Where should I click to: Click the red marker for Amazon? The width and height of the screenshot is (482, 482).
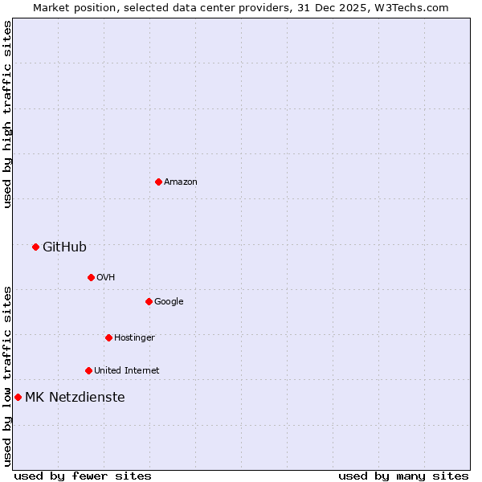[x=158, y=182]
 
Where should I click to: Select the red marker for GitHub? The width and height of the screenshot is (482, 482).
[x=35, y=247]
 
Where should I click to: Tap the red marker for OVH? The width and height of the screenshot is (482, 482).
[x=91, y=277]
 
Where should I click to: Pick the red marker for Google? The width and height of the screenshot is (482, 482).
[x=149, y=301]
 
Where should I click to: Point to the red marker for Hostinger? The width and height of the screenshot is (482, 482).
[x=108, y=337]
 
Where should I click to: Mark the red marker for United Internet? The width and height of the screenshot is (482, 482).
[x=88, y=370]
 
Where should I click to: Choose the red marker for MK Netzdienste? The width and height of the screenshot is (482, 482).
[x=18, y=397]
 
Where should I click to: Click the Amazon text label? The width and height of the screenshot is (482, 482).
[x=181, y=182]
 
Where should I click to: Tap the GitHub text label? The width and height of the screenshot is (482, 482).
[x=64, y=247]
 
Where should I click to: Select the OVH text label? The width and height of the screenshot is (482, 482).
[x=106, y=277]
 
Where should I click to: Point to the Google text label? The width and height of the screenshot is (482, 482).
[x=169, y=301]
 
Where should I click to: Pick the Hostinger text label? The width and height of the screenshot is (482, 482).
[x=134, y=337]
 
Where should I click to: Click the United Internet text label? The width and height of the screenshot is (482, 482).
[x=126, y=370]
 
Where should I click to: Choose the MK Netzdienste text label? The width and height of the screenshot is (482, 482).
[x=75, y=397]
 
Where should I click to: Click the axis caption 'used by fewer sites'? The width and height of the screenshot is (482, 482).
[x=83, y=476]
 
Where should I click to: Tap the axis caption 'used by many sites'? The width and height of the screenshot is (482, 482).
[x=403, y=476]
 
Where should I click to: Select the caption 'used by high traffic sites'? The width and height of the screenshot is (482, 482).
[x=7, y=114]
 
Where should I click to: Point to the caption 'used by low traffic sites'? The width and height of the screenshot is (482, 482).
[x=7, y=376]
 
